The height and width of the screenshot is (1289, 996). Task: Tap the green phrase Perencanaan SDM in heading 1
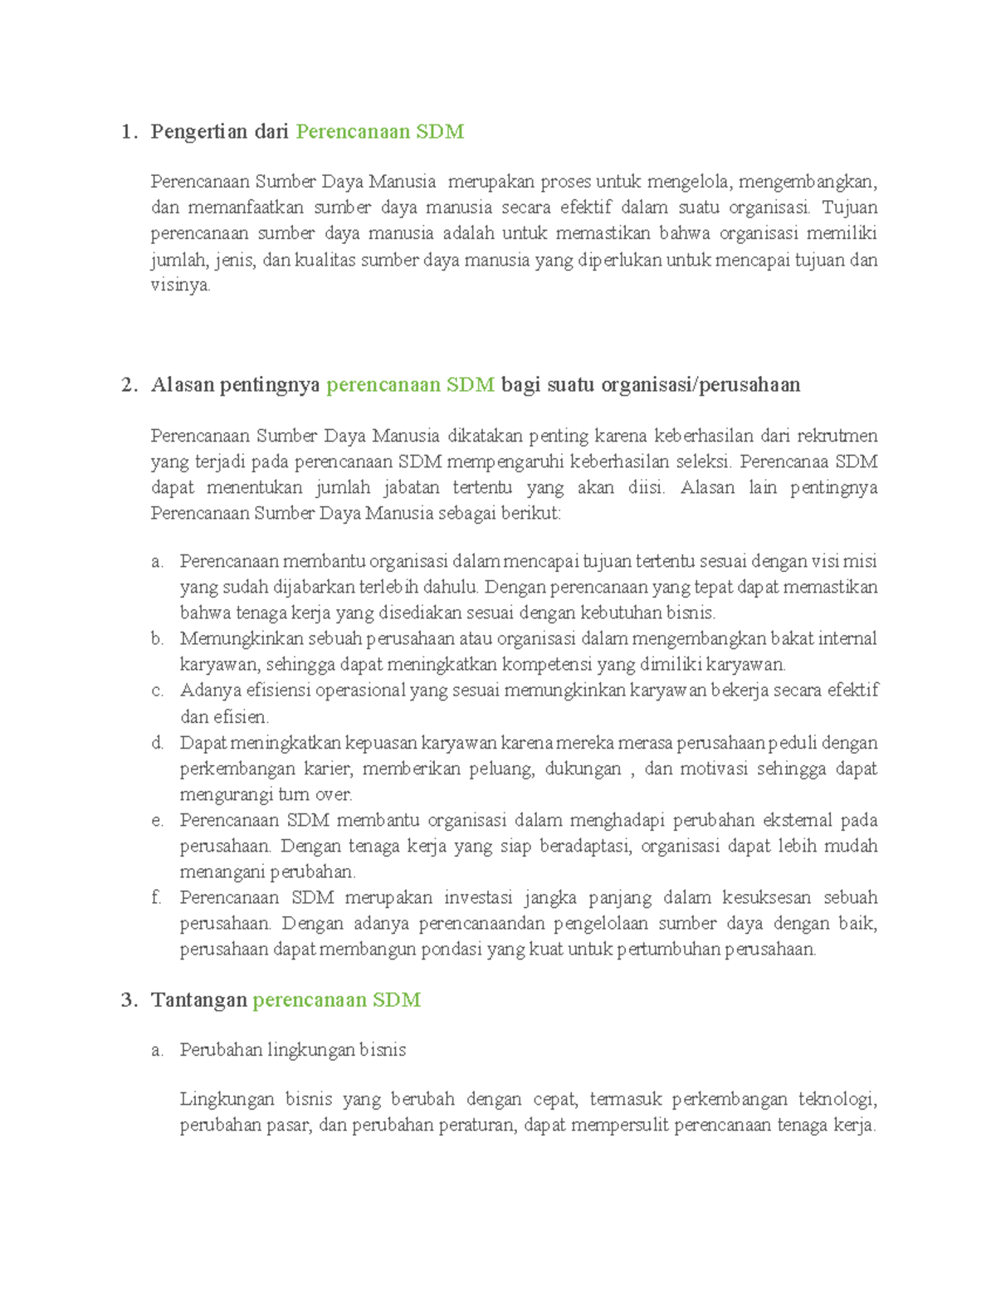(x=379, y=132)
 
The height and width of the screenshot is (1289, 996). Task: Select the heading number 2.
(x=128, y=385)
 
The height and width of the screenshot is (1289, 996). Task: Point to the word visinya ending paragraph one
(x=179, y=286)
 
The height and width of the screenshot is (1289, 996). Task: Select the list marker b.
(x=157, y=639)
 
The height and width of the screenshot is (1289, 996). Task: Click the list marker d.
(x=157, y=743)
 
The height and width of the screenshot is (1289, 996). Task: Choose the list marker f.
(x=156, y=897)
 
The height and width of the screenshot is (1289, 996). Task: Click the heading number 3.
(x=128, y=1000)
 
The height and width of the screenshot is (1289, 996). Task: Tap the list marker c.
(x=157, y=691)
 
